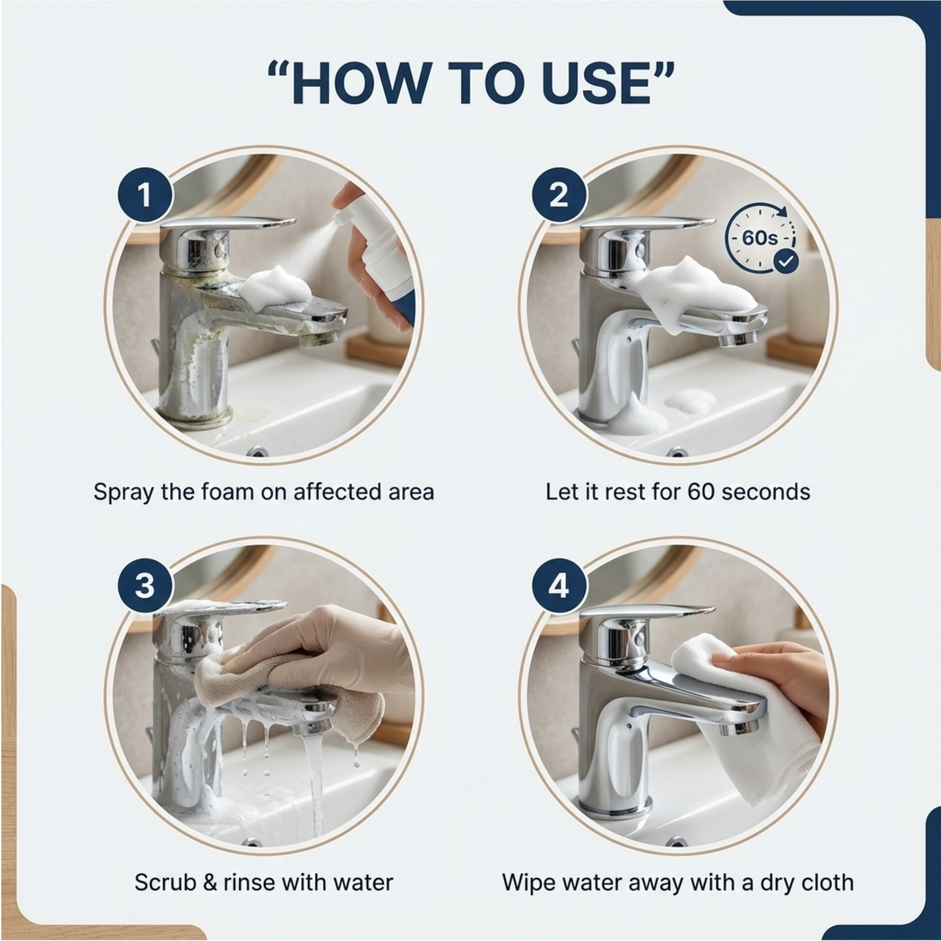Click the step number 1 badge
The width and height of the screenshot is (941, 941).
click(x=145, y=195)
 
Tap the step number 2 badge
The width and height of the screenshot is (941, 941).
click(x=559, y=195)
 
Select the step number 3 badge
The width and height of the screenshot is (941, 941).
click(x=145, y=585)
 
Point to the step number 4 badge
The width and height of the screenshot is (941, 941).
click(x=559, y=585)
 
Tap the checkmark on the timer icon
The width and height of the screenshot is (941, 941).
click(x=787, y=261)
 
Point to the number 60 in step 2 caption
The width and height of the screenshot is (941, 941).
click(x=701, y=492)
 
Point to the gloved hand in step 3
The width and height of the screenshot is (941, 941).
click(x=326, y=645)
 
